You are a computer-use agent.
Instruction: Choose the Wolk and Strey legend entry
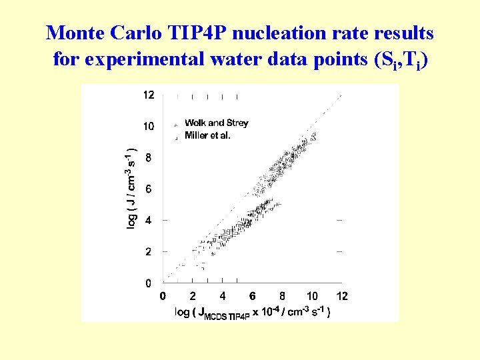pyautogui.click(x=216, y=123)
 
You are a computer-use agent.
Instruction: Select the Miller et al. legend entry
pyautogui.click(x=207, y=135)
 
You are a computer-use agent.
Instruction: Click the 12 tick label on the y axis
pyautogui.click(x=148, y=95)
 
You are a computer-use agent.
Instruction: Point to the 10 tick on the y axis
pyautogui.click(x=148, y=126)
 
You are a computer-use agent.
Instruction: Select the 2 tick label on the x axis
pyautogui.click(x=193, y=296)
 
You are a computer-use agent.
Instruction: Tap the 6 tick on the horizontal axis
pyautogui.click(x=253, y=296)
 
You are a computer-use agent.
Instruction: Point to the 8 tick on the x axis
pyautogui.click(x=283, y=296)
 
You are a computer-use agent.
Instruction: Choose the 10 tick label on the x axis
pyautogui.click(x=312, y=296)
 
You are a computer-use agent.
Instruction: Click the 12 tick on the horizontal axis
pyautogui.click(x=342, y=296)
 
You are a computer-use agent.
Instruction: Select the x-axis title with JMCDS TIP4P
pyautogui.click(x=252, y=312)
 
